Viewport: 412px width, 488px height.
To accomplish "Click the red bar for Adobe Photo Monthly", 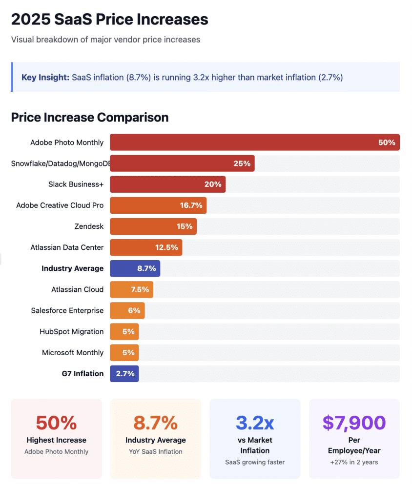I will [254, 142].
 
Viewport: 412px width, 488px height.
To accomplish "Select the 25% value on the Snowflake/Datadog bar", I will [242, 163].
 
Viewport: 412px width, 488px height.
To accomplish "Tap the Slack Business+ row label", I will [76, 184].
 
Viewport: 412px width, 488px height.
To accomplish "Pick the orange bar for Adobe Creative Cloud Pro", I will [158, 205].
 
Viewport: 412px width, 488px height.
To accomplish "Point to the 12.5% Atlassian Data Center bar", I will [146, 247].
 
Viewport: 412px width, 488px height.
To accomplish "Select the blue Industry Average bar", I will [135, 268].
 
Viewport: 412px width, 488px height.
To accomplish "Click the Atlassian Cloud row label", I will [77, 289].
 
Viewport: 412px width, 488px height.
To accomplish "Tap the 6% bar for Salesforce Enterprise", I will [127, 310].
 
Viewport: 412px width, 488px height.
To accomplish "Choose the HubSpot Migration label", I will [71, 331].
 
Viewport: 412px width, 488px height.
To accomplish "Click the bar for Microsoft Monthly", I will [124, 352].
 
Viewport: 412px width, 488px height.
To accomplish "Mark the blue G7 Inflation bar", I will [124, 373].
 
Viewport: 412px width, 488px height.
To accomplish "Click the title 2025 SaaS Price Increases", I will [109, 20].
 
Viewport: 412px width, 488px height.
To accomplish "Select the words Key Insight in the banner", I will [45, 77].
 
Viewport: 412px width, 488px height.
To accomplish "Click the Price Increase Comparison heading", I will [90, 118].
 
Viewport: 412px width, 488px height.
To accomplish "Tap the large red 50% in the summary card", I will [56, 423].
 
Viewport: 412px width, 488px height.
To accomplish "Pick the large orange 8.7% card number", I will [155, 423].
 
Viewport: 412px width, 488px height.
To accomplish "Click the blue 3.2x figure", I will [255, 423].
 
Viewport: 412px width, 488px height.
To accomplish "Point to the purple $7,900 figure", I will [354, 423].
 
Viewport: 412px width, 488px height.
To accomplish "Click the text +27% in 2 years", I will [354, 462].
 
